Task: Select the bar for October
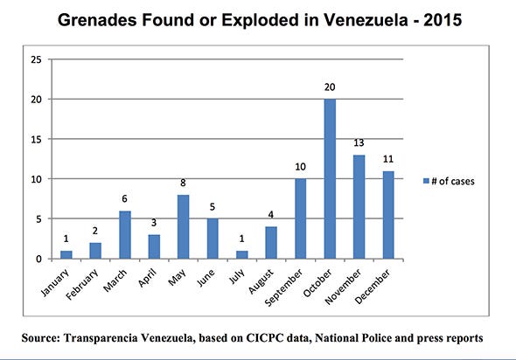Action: (330, 179)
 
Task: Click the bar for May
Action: (184, 227)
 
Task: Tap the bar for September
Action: (301, 218)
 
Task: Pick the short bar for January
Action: (66, 255)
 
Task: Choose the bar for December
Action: (388, 215)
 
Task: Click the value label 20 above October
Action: (330, 87)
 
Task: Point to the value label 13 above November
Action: (359, 143)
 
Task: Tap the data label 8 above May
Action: (184, 183)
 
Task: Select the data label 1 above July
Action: (242, 239)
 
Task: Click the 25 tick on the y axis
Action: (36, 59)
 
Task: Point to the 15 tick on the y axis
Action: (36, 140)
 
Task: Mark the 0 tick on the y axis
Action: (38, 259)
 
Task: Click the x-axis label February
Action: (82, 284)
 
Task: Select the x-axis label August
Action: (261, 281)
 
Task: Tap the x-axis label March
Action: (115, 280)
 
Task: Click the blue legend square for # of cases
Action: (426, 181)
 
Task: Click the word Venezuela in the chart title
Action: (366, 20)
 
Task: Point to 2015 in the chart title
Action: (443, 20)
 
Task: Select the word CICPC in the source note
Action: (265, 338)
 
